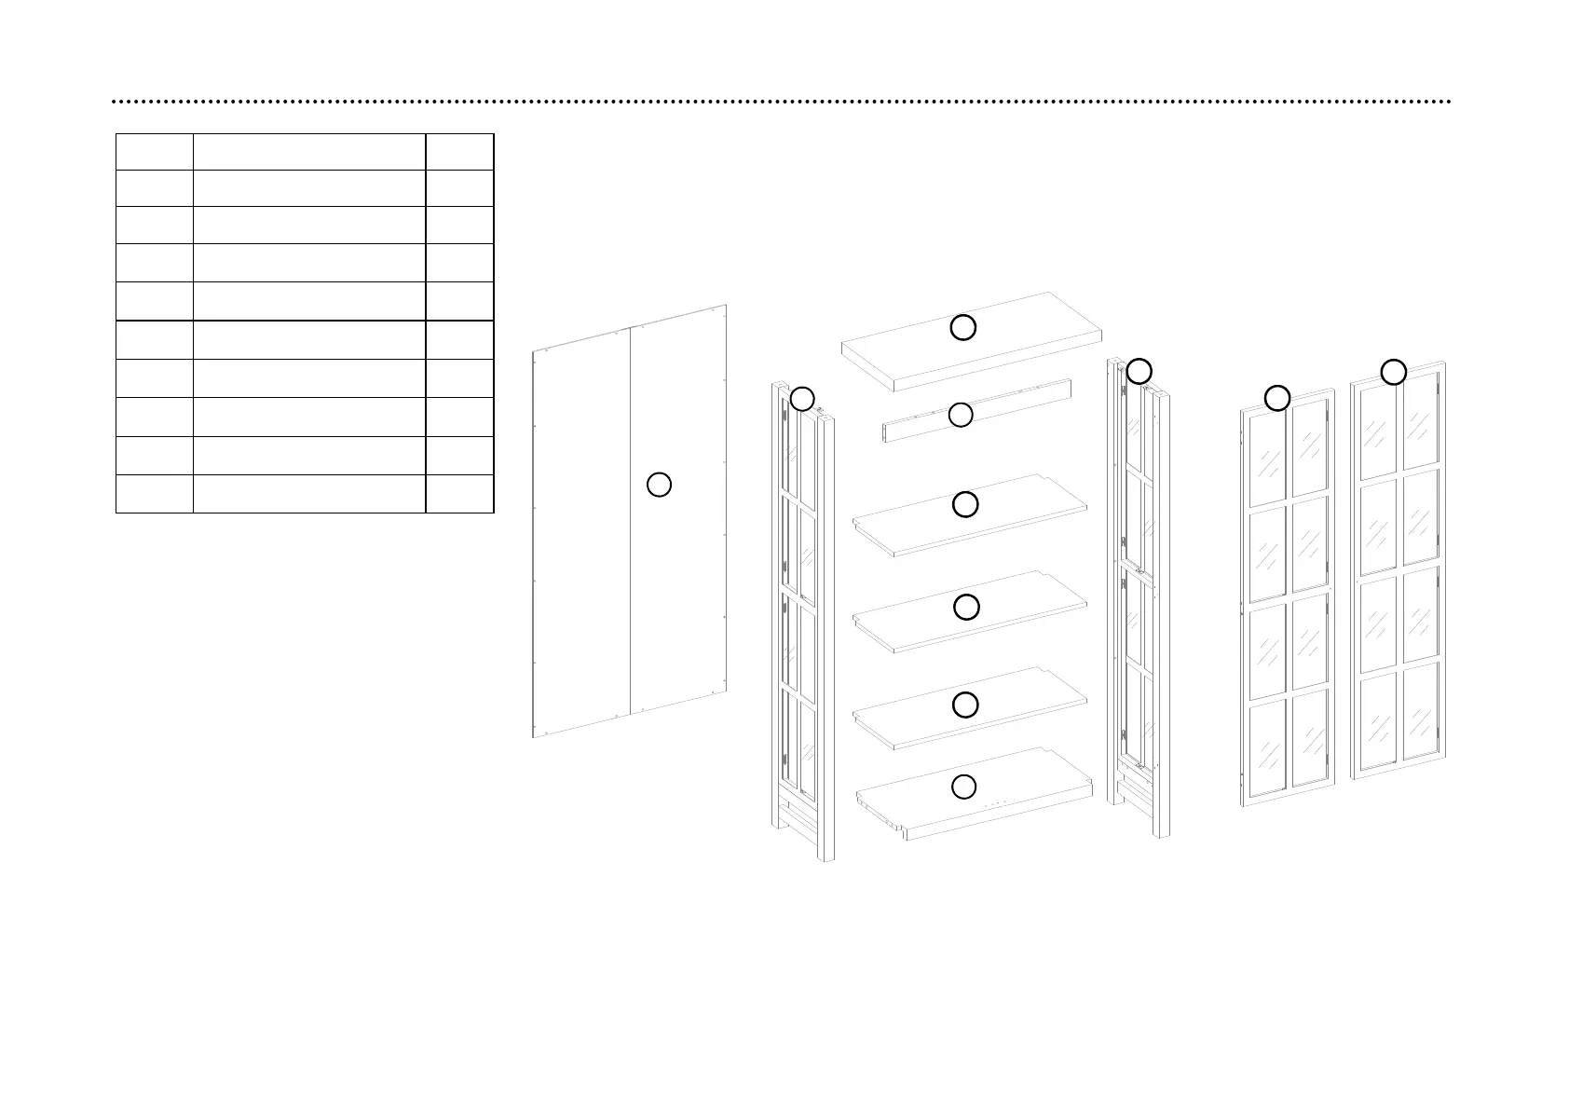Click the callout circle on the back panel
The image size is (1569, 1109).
(x=659, y=485)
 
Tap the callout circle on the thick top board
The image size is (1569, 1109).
(x=962, y=327)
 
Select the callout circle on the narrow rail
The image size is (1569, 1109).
(x=961, y=416)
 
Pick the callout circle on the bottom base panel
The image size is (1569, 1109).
(x=964, y=787)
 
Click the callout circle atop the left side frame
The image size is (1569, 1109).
(x=802, y=399)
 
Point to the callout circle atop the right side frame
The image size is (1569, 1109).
(x=1139, y=371)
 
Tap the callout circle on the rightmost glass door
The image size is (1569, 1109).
(x=1393, y=372)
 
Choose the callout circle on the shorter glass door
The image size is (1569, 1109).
(x=1277, y=398)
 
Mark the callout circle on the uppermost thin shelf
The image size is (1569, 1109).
(x=965, y=504)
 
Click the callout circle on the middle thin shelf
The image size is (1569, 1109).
(x=966, y=607)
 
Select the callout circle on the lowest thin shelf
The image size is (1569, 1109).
(x=965, y=705)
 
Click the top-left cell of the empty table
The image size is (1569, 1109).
(x=154, y=152)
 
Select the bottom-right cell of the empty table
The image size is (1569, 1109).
(x=459, y=494)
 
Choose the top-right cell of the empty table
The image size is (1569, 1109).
(x=459, y=152)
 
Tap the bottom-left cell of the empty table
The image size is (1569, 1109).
(x=154, y=494)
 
